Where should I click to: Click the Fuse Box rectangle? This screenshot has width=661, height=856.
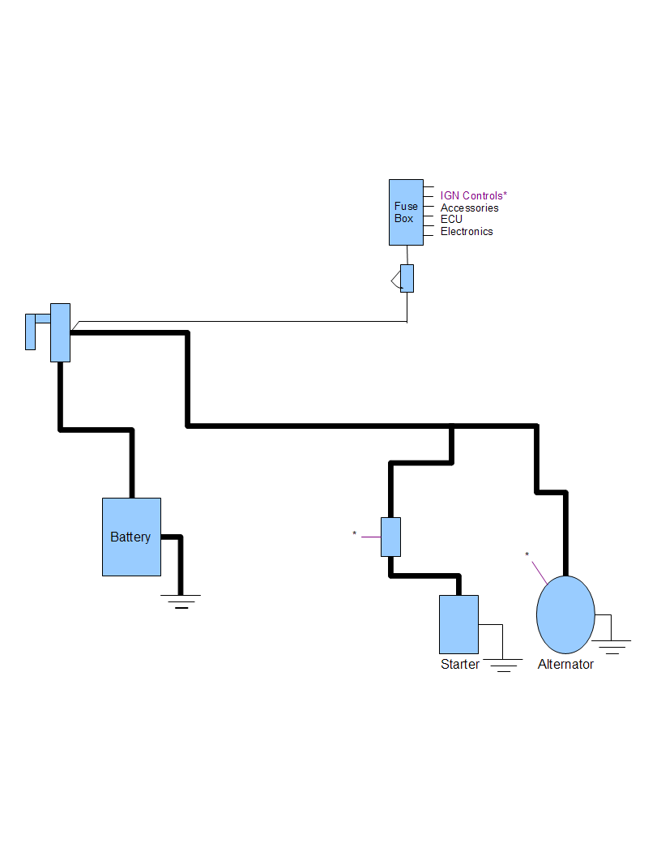(x=406, y=212)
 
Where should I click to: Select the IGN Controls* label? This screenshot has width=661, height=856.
(x=473, y=195)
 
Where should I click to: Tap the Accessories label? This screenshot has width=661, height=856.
(x=469, y=208)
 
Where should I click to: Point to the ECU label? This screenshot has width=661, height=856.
(x=451, y=219)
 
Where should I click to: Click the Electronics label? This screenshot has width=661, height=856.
(x=467, y=231)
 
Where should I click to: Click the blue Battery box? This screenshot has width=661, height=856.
(x=131, y=537)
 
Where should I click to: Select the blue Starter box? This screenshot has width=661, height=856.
(x=458, y=624)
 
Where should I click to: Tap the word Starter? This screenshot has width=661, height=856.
(x=459, y=665)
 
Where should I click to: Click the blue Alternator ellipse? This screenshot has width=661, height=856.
(x=565, y=614)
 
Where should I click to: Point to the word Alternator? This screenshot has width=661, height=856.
(x=565, y=665)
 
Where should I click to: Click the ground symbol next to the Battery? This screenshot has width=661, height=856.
(x=181, y=600)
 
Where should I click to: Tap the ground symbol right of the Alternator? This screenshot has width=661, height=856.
(x=612, y=646)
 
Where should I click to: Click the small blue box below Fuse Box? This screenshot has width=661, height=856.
(x=407, y=278)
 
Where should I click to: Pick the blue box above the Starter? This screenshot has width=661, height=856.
(x=390, y=537)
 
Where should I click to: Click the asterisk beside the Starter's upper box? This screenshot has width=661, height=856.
(x=354, y=533)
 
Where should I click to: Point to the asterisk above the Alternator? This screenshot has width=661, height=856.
(x=527, y=555)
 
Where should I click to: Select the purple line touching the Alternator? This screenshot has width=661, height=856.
(x=538, y=570)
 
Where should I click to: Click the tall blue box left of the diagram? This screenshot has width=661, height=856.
(x=60, y=332)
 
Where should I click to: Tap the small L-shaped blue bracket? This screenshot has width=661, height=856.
(x=32, y=328)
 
